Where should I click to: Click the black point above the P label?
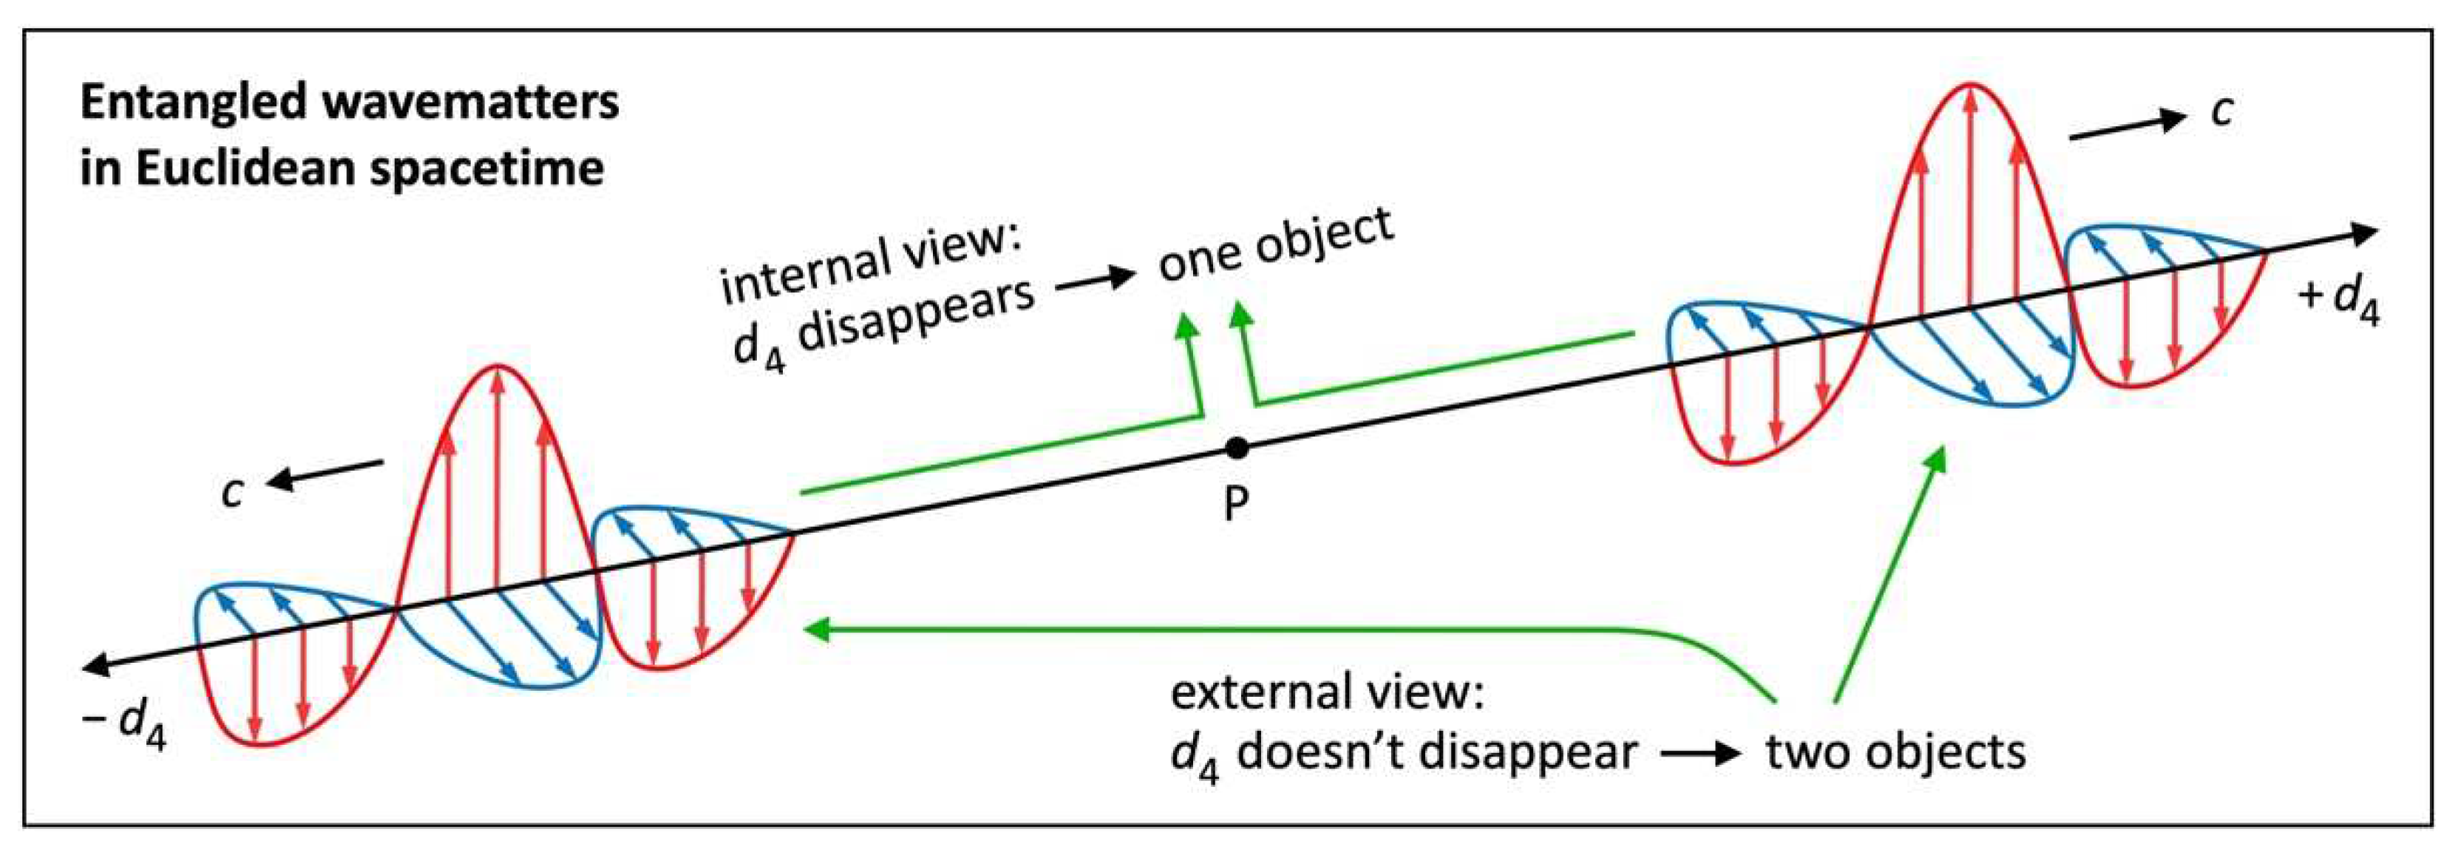click(1237, 447)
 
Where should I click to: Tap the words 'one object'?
click(1275, 245)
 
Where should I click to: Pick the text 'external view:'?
click(1327, 692)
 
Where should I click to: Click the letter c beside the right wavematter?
click(2221, 112)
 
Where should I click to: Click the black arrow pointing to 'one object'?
click(1095, 278)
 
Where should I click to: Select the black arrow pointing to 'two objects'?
click(1701, 754)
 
